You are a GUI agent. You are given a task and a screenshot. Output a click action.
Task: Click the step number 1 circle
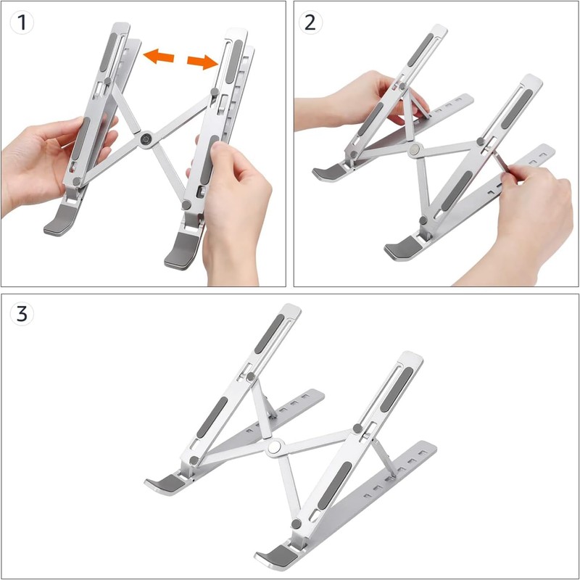point(22,22)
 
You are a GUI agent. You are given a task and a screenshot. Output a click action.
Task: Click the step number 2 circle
point(310,22)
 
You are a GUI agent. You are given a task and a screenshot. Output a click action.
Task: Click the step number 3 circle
point(22,315)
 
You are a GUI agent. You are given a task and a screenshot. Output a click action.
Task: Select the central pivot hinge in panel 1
point(146,139)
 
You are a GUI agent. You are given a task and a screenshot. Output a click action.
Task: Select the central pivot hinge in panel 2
point(414,150)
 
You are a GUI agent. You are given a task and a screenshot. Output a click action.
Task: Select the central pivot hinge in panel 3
point(274,449)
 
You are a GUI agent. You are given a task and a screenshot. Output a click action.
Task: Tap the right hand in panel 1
point(232,210)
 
